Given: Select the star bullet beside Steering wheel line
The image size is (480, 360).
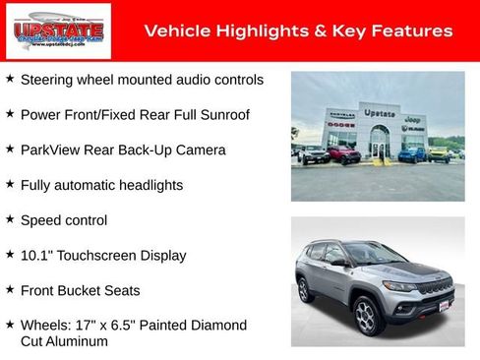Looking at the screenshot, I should (x=10, y=78).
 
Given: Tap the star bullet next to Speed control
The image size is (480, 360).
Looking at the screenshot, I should (x=10, y=219).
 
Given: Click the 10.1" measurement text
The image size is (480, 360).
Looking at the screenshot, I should (x=36, y=255).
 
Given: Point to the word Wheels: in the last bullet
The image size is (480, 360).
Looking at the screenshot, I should (x=45, y=325).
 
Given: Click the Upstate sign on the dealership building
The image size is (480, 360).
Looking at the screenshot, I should (x=380, y=113).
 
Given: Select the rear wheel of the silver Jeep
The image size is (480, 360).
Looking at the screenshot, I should (x=305, y=289).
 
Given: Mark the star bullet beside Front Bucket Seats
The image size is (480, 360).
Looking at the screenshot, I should (x=10, y=290).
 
